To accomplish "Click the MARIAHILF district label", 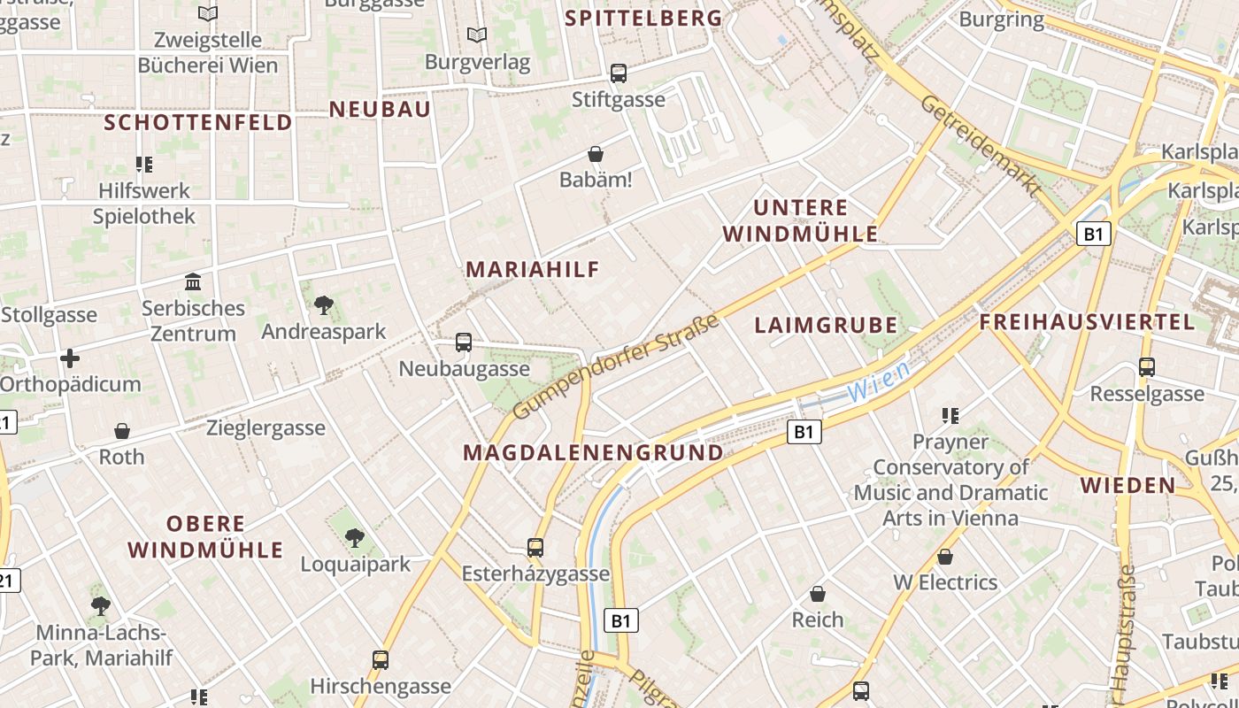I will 533,269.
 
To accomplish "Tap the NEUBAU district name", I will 380,109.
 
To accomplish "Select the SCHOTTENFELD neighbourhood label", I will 198,122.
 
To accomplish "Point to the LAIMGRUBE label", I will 826,325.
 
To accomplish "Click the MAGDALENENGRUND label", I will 593,453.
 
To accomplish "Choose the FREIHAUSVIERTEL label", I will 1088,321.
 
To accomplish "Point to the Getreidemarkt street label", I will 981,145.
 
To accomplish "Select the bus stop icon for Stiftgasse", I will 619,73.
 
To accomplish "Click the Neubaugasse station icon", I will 464,342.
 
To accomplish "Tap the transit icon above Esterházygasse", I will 535,548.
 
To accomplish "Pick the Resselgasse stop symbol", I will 1147,367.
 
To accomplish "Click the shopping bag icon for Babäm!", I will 596,155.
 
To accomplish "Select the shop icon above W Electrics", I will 945,557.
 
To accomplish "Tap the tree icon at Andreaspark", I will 324,305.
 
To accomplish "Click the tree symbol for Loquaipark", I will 355,537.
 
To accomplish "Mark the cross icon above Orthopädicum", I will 70,358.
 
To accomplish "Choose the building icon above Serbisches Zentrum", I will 192,282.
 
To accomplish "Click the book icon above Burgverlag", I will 477,35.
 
